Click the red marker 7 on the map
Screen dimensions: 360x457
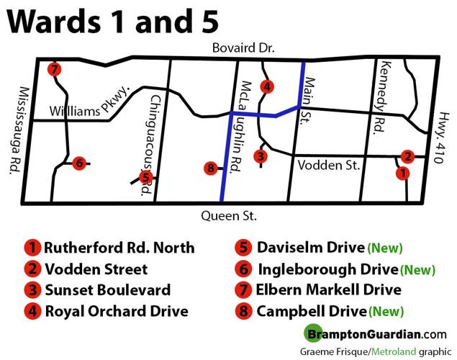[x=54, y=70]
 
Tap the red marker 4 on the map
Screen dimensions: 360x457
[x=267, y=87]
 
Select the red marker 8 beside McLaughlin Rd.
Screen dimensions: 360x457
[x=210, y=168]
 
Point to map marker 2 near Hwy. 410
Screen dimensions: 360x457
[x=408, y=156]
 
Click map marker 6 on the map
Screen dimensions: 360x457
[x=79, y=163]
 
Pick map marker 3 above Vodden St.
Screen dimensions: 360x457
[x=261, y=156]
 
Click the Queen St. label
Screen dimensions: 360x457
[x=229, y=215]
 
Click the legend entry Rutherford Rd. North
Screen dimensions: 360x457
[x=119, y=248]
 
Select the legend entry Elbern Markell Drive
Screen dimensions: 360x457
[x=327, y=290]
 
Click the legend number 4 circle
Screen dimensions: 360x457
[x=32, y=312]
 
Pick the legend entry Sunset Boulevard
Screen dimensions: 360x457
[x=107, y=290]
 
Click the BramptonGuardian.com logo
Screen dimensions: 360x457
[x=374, y=334]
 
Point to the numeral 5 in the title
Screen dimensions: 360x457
[x=205, y=22]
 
